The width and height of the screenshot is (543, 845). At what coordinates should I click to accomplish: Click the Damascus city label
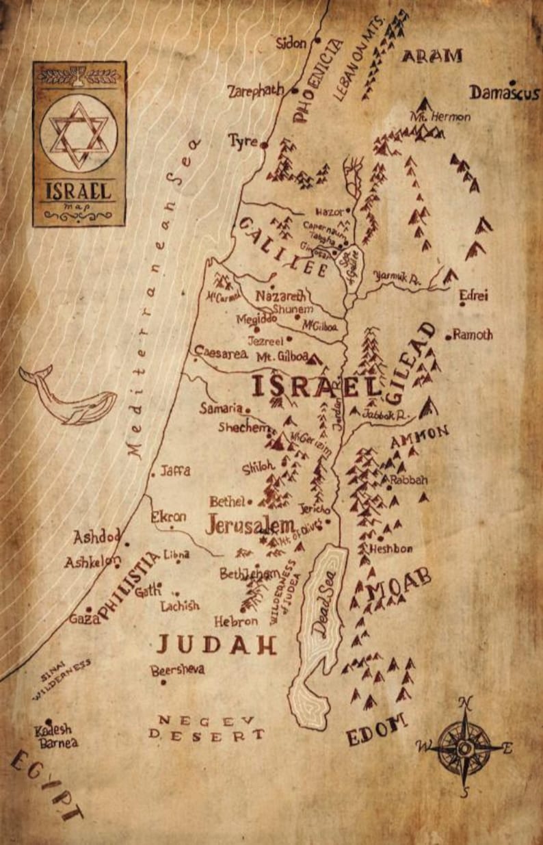click(505, 92)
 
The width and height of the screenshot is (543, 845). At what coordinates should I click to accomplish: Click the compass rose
click(464, 747)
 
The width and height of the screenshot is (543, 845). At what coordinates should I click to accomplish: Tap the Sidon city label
click(292, 43)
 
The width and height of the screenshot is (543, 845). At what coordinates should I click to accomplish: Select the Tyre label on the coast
click(243, 142)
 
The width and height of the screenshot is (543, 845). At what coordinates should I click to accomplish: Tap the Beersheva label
click(177, 671)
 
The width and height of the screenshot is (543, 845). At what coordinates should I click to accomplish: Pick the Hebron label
click(236, 621)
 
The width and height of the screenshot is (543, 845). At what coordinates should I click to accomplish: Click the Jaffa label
click(176, 471)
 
